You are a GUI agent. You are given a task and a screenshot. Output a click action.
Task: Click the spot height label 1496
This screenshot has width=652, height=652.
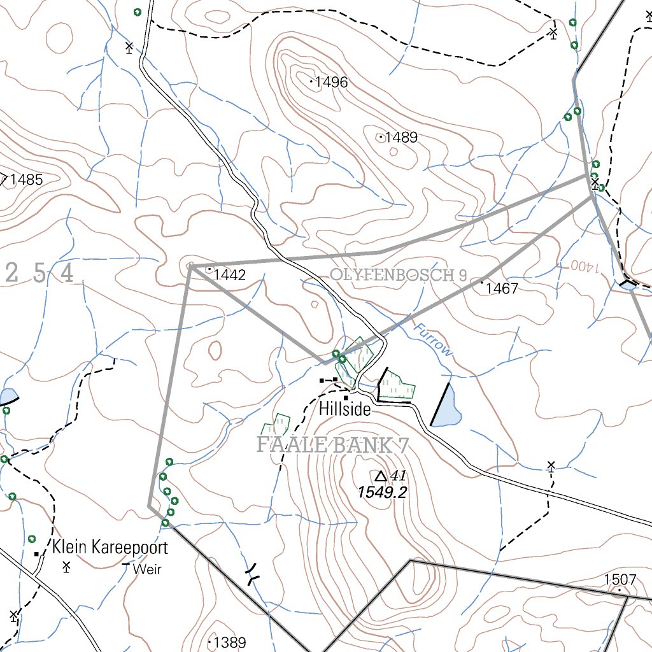tap(331, 82)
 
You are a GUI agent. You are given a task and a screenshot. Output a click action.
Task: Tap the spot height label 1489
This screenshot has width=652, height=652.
tap(401, 138)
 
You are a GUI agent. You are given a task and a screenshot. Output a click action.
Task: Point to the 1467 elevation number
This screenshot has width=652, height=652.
tap(502, 288)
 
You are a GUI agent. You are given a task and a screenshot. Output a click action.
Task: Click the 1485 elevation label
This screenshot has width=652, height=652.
tap(26, 180)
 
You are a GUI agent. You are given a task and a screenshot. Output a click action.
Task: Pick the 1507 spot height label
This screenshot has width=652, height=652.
tap(620, 579)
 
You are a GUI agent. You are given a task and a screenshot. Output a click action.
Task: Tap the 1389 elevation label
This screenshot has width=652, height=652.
tap(230, 642)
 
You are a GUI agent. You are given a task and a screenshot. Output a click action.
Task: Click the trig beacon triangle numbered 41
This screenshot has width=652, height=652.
tap(381, 476)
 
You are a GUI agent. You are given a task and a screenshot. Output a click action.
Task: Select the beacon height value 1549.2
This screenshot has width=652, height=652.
tap(382, 492)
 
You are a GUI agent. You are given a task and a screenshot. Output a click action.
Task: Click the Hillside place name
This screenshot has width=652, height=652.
tap(345, 410)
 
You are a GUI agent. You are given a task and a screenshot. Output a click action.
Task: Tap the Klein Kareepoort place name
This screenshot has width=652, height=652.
tap(110, 547)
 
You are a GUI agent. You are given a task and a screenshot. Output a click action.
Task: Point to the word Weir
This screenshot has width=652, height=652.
tap(147, 569)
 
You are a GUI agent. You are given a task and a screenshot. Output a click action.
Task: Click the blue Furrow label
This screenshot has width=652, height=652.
tap(433, 340)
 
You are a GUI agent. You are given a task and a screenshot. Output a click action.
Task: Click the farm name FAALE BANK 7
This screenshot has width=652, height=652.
tap(332, 445)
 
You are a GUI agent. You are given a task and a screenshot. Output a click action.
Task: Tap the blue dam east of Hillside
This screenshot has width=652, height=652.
tap(448, 408)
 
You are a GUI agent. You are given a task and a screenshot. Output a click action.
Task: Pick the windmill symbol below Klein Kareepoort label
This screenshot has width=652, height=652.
tap(66, 566)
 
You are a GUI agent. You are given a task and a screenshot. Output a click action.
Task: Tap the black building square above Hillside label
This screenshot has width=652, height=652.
tap(346, 398)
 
